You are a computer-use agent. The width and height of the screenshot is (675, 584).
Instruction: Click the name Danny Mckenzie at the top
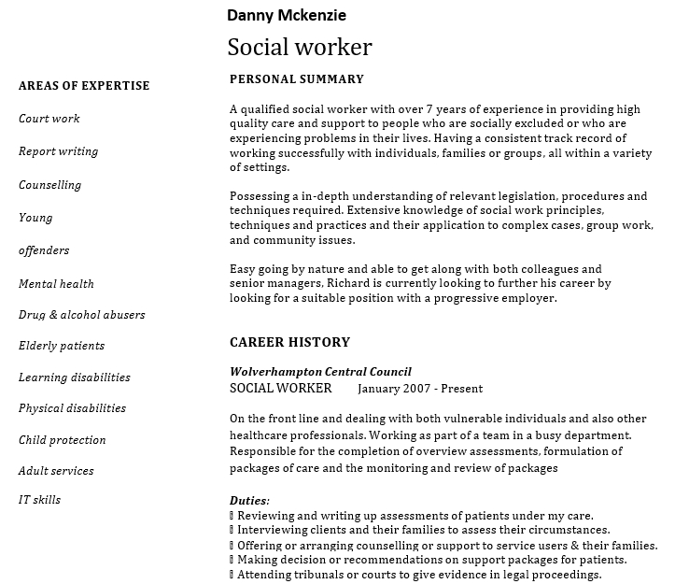point(286,15)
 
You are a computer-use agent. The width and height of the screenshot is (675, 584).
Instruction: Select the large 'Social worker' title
point(299,48)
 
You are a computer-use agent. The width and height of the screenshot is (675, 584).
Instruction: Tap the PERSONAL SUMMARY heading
point(296,79)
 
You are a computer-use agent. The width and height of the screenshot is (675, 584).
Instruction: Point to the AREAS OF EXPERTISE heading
point(84,86)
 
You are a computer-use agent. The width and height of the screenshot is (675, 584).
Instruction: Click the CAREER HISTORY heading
point(289,342)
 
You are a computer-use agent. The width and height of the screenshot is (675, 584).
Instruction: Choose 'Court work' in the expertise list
point(49,119)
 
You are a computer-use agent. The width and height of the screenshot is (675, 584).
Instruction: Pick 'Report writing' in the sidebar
point(58,151)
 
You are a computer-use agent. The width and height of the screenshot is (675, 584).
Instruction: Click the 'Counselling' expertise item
point(49,185)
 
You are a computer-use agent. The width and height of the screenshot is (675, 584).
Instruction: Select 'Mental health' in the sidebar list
point(56,284)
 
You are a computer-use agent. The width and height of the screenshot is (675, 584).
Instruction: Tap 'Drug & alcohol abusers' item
point(81,315)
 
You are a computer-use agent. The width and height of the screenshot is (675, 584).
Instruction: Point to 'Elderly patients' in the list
point(62,346)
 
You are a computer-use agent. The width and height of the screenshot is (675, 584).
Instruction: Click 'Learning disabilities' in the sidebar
point(75,377)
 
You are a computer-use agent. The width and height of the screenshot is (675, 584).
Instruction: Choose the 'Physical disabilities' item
point(72,408)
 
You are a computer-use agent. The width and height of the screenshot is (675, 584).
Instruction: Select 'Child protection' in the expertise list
point(62,440)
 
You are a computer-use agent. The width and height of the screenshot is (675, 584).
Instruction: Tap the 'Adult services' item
point(56,471)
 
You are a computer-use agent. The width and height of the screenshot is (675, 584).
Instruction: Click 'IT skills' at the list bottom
point(39,500)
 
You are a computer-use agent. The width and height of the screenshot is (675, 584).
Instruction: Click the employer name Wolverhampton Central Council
point(320,372)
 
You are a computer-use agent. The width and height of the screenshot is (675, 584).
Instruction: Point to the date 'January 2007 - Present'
point(420,389)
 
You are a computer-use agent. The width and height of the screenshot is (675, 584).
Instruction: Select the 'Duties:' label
point(249,501)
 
